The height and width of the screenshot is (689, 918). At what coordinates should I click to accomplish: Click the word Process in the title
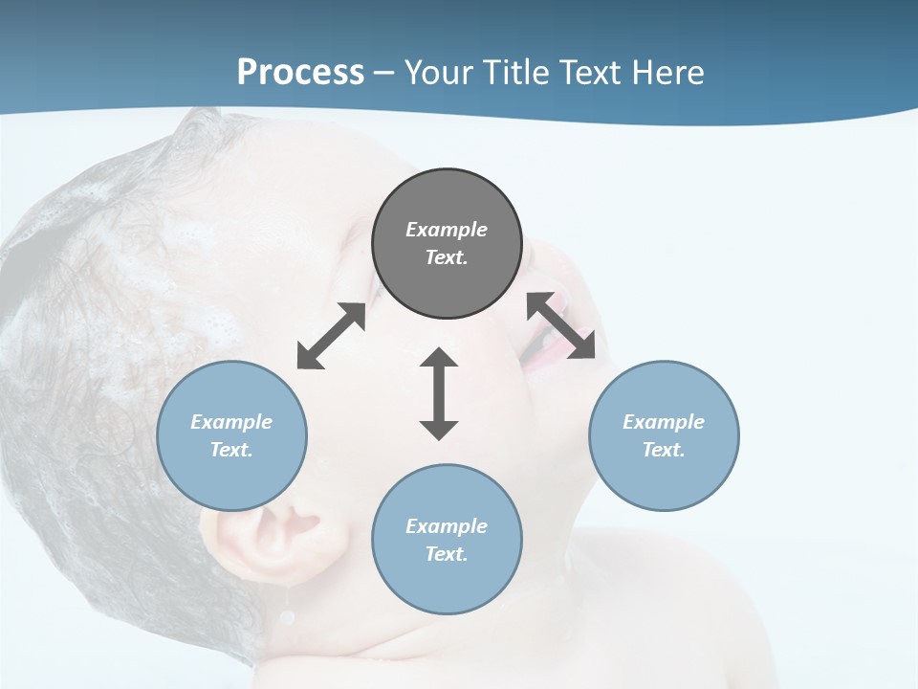click(300, 73)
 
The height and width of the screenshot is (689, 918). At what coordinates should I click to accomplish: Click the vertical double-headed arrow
click(439, 393)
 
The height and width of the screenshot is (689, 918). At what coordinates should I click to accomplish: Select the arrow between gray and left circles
click(331, 336)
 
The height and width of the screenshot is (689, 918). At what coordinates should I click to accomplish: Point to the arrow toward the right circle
click(561, 325)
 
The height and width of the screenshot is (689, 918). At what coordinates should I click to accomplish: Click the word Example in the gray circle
click(447, 230)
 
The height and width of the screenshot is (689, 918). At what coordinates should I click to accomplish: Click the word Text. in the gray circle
click(447, 257)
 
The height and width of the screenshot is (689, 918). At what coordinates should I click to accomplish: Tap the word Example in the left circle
click(231, 422)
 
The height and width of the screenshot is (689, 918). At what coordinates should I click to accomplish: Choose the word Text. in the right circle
click(664, 450)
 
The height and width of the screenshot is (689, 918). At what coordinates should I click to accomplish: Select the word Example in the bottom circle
click(447, 526)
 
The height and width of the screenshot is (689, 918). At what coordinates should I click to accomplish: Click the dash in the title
click(383, 73)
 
